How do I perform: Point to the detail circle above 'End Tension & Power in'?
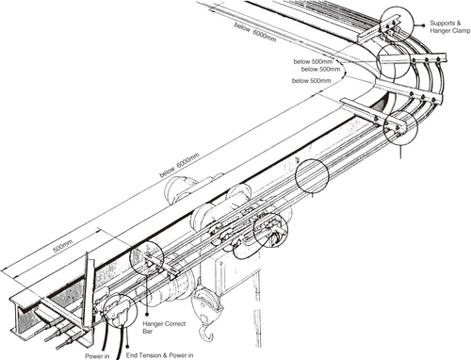(x=117, y=308)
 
